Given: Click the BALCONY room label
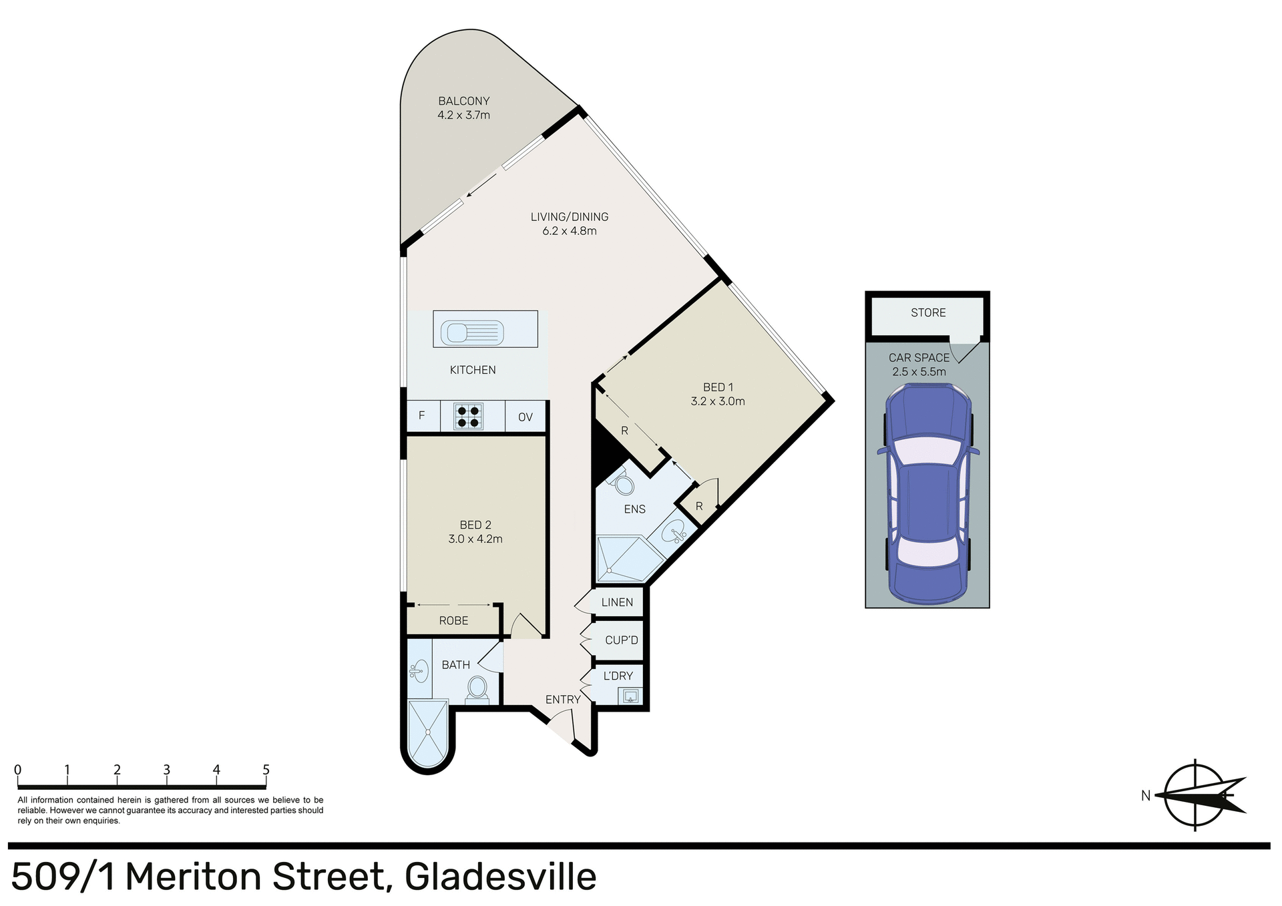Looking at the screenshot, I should (x=463, y=101).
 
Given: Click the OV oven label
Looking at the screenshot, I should (x=525, y=417).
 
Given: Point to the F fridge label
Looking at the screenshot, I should (x=421, y=416).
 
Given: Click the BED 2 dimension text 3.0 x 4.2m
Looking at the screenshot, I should (x=475, y=539).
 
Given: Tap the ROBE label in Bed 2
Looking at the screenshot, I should (x=453, y=621).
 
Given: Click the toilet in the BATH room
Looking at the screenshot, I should (x=477, y=688).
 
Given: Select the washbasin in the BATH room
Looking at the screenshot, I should (x=419, y=670).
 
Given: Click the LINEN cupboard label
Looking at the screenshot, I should (x=617, y=602).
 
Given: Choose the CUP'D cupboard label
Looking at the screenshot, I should (x=621, y=640).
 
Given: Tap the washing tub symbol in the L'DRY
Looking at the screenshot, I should (x=630, y=697).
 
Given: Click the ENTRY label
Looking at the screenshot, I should (x=562, y=700).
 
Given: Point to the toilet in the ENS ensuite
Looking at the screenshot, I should (x=622, y=483).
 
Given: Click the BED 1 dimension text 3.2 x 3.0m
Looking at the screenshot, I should (x=718, y=401).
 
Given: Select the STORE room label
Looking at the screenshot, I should (x=928, y=312).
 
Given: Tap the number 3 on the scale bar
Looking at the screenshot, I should (x=166, y=770).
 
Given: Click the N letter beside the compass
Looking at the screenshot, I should (x=1146, y=796).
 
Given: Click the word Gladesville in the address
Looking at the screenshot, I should (x=500, y=877).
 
